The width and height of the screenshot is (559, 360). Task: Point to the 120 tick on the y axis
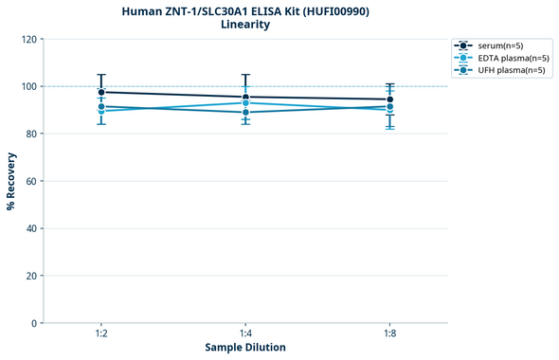point(29,39)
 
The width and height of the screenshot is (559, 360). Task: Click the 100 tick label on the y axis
point(29,86)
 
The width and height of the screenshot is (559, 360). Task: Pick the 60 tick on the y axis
point(32,181)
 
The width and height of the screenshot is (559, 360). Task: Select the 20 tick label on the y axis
point(32,276)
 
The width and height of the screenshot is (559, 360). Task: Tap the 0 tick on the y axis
point(35,323)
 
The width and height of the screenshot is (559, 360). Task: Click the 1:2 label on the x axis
point(101,334)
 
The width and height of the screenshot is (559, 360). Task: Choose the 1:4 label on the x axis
point(245,334)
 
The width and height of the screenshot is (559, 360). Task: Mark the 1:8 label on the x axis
point(389,334)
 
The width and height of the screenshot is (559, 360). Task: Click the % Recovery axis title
point(11,180)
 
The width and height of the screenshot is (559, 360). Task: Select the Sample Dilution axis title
point(245,348)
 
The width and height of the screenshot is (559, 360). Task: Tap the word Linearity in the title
point(245,25)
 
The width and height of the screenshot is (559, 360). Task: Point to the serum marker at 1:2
point(101,92)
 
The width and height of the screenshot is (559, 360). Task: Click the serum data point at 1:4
point(245,97)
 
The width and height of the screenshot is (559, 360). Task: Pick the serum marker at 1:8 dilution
point(389,99)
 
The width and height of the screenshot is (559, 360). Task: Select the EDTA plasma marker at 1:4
point(245,102)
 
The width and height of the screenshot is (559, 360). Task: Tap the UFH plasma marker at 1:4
point(245,113)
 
